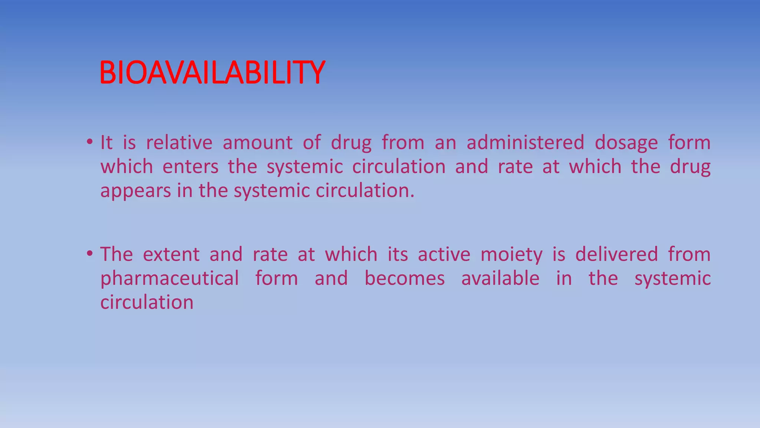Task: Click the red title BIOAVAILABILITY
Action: pos(212,73)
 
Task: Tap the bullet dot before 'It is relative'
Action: pos(89,142)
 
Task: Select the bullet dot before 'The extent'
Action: pos(89,254)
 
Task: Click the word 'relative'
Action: pos(179,143)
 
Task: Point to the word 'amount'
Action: pos(258,143)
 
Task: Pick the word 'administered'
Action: pos(525,143)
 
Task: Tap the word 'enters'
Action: pos(191,167)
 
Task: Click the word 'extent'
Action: pos(171,254)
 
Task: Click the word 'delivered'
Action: pos(617,254)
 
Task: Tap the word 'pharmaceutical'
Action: pos(170,279)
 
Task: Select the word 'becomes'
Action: pos(404,279)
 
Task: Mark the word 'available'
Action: pos(500,279)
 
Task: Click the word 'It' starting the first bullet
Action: pos(106,143)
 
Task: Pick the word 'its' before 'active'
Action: pos(398,254)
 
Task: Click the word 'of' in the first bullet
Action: pos(312,143)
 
